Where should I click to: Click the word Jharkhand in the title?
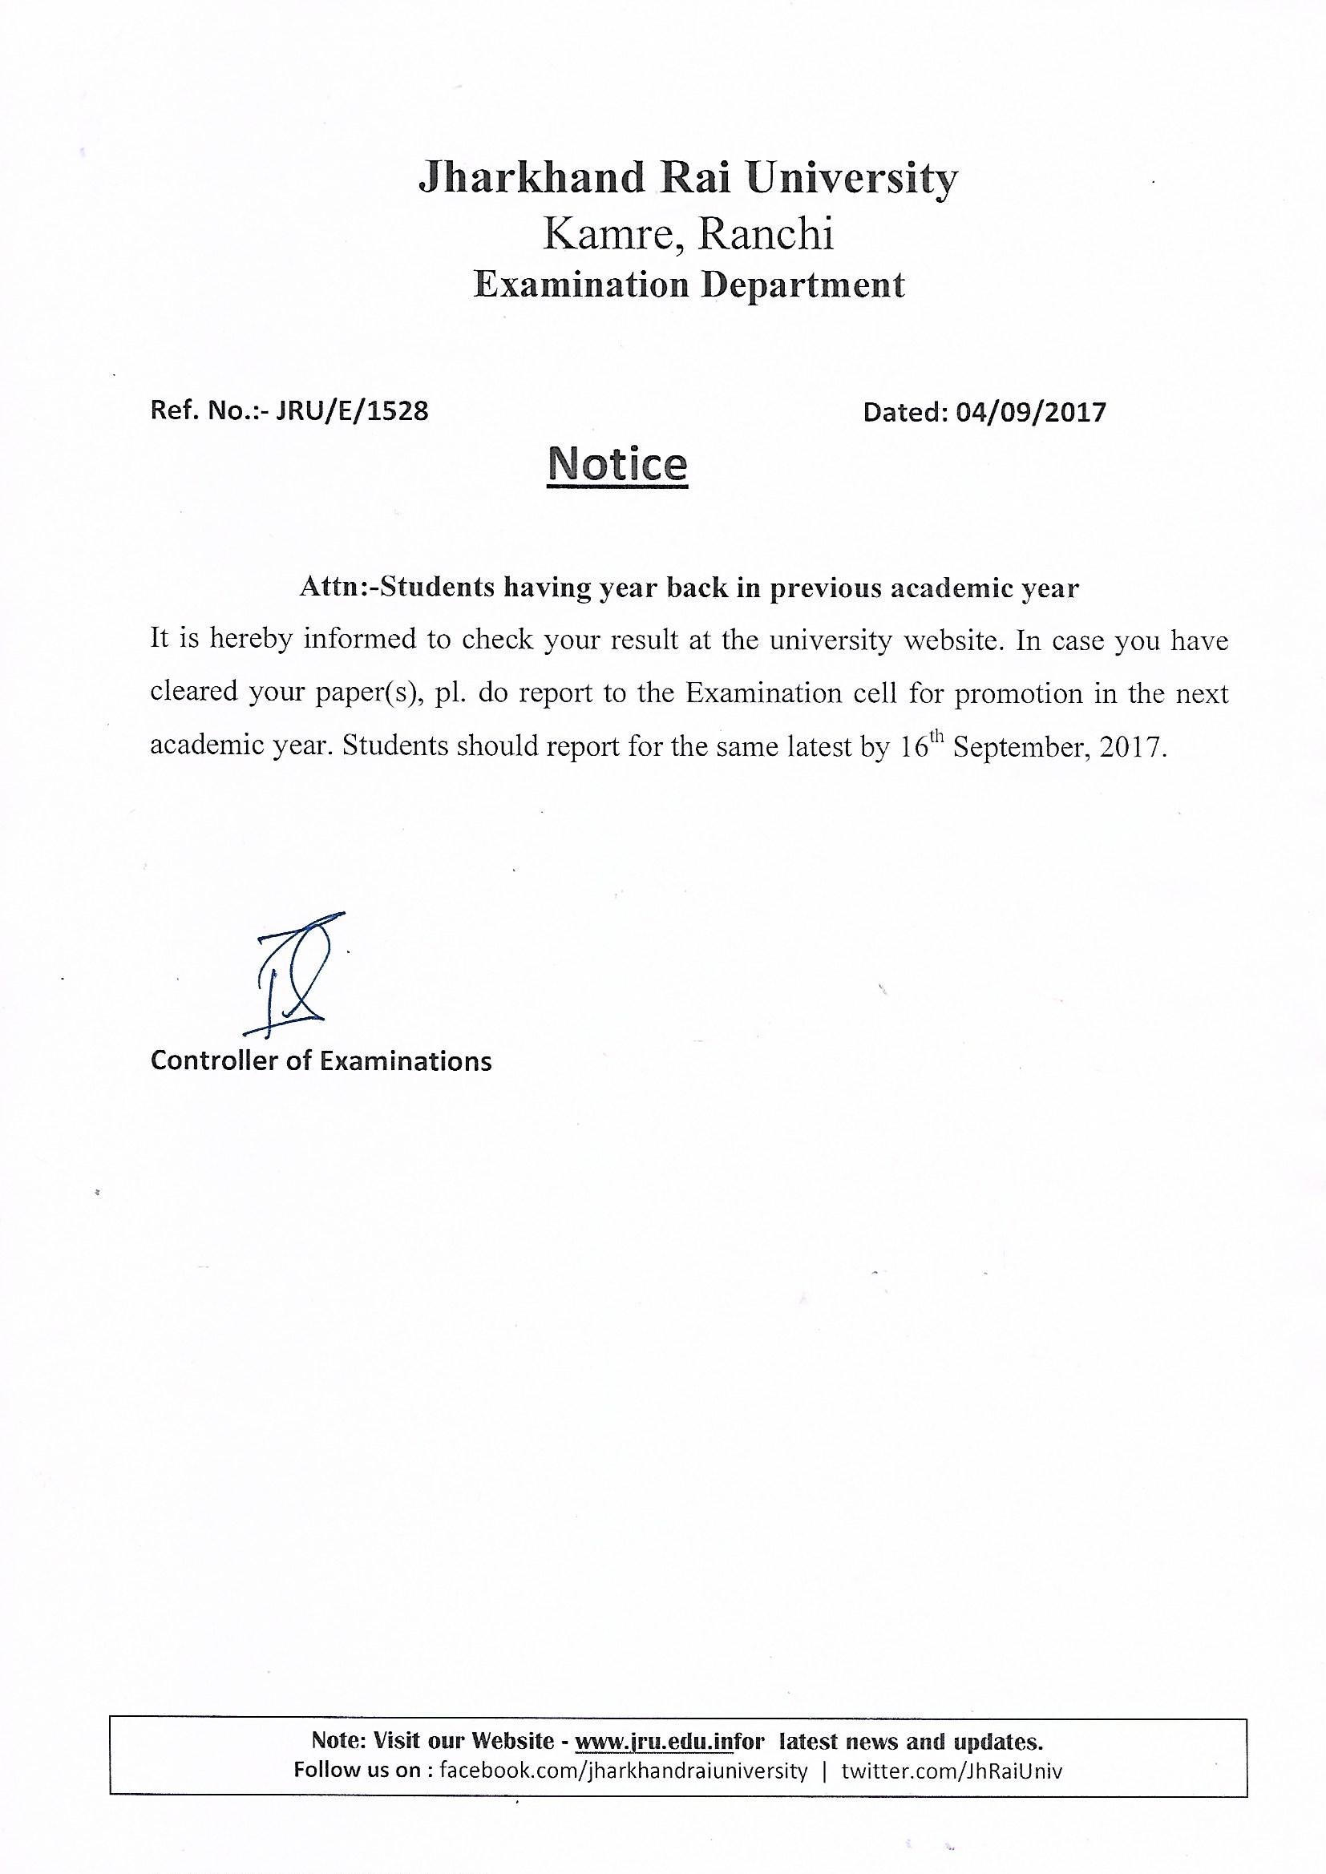pos(531,178)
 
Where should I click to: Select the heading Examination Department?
pos(689,285)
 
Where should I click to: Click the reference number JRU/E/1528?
pos(352,410)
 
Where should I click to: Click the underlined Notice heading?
pos(618,463)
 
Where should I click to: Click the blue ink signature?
pos(293,971)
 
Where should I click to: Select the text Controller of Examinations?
pos(321,1060)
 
